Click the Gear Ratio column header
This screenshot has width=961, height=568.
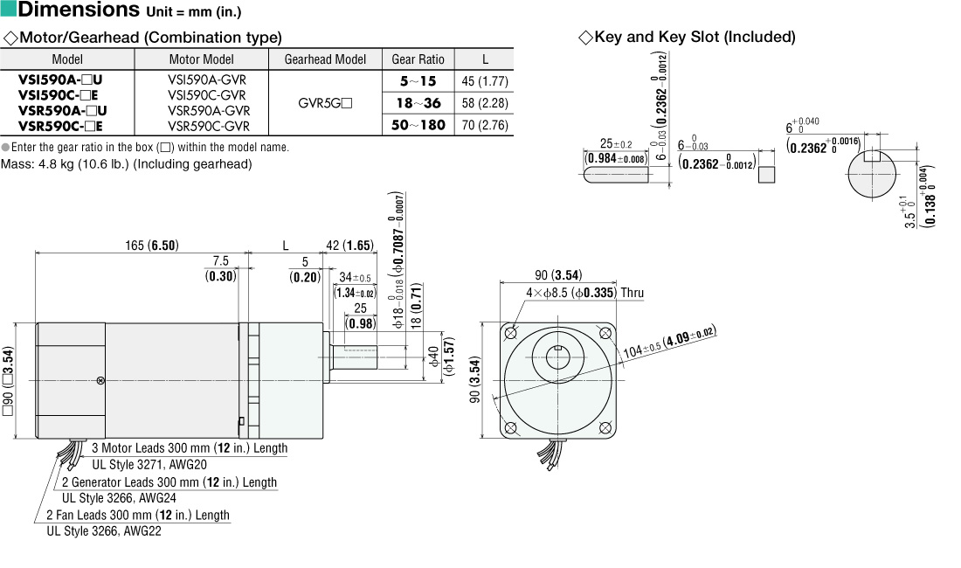click(x=418, y=59)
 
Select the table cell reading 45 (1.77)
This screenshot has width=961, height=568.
click(x=485, y=81)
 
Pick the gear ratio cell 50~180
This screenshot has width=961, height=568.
click(x=418, y=125)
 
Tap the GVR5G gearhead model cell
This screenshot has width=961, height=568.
click(x=325, y=102)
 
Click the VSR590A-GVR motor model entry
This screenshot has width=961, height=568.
click(x=208, y=111)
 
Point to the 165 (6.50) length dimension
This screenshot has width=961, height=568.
click(x=151, y=246)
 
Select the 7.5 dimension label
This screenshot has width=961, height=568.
click(x=220, y=261)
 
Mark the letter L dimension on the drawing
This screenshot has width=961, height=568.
click(x=285, y=246)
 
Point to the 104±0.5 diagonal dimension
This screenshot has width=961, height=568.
click(x=668, y=343)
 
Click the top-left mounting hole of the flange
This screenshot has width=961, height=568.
click(x=511, y=333)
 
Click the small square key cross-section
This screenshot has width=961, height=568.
click(x=766, y=174)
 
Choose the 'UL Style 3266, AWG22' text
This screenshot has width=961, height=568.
click(x=104, y=530)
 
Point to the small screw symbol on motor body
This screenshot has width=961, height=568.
click(x=100, y=380)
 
